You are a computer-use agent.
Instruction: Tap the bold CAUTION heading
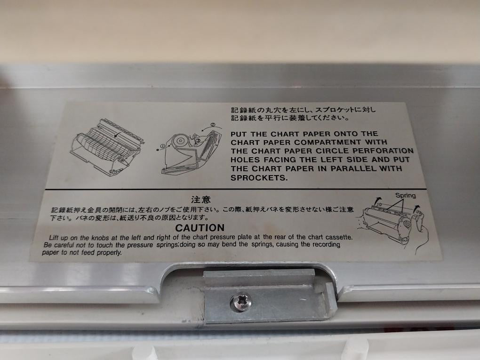point(200,228)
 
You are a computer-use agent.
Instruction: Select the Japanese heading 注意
point(201,200)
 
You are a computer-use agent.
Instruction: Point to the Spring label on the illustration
point(405,195)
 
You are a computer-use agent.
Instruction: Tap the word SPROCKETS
point(259,178)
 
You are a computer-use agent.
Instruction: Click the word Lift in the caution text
point(54,238)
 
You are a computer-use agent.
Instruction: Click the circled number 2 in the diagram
point(213,125)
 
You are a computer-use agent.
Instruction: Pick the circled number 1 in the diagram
point(162,146)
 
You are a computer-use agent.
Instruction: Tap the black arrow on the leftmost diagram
point(116,135)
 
